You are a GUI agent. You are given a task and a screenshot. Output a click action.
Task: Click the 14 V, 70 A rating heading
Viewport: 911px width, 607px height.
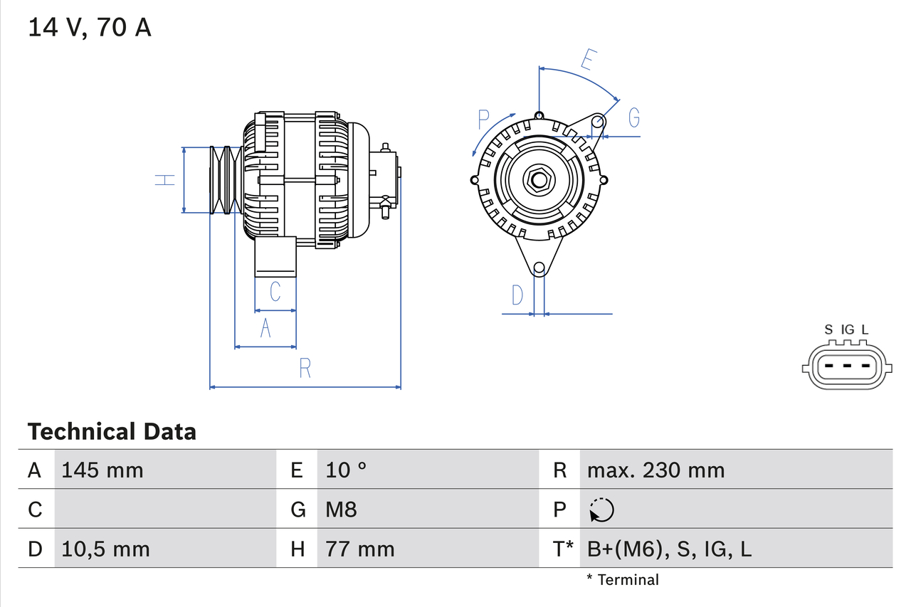(x=90, y=28)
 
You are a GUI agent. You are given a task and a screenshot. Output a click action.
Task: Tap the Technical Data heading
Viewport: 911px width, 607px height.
(x=111, y=431)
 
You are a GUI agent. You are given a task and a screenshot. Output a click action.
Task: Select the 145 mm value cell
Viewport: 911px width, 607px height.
(x=102, y=470)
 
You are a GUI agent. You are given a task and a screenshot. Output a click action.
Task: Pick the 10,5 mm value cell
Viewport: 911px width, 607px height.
(x=105, y=549)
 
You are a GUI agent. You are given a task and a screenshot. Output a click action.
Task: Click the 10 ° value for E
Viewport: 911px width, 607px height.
(x=347, y=470)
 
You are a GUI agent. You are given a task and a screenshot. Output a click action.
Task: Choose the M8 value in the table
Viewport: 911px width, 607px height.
(x=341, y=510)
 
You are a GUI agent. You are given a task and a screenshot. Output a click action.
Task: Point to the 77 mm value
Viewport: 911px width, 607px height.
(x=359, y=549)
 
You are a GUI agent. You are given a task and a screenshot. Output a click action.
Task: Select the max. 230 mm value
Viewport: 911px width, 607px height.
(x=655, y=470)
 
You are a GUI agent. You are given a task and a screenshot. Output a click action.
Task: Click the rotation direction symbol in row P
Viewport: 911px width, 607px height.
(x=601, y=510)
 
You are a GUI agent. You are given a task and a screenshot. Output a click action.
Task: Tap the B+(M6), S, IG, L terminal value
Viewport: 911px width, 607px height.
(x=669, y=549)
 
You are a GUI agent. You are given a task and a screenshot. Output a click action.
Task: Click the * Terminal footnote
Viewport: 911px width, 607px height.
(x=623, y=580)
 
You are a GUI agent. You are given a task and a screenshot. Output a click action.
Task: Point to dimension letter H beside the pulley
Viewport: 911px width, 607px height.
(x=165, y=180)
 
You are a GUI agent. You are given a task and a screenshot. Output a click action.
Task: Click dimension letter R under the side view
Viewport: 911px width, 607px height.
(x=305, y=368)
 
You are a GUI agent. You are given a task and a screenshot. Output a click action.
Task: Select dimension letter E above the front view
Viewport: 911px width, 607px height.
(x=586, y=60)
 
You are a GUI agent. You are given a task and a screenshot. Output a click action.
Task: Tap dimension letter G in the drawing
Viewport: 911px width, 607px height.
(x=633, y=116)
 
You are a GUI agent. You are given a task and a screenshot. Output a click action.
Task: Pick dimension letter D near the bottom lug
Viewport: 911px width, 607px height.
(x=517, y=295)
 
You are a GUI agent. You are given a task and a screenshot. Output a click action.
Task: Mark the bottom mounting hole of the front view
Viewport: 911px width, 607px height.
(x=539, y=268)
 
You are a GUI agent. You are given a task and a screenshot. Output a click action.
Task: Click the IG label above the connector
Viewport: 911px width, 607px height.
(x=847, y=329)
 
